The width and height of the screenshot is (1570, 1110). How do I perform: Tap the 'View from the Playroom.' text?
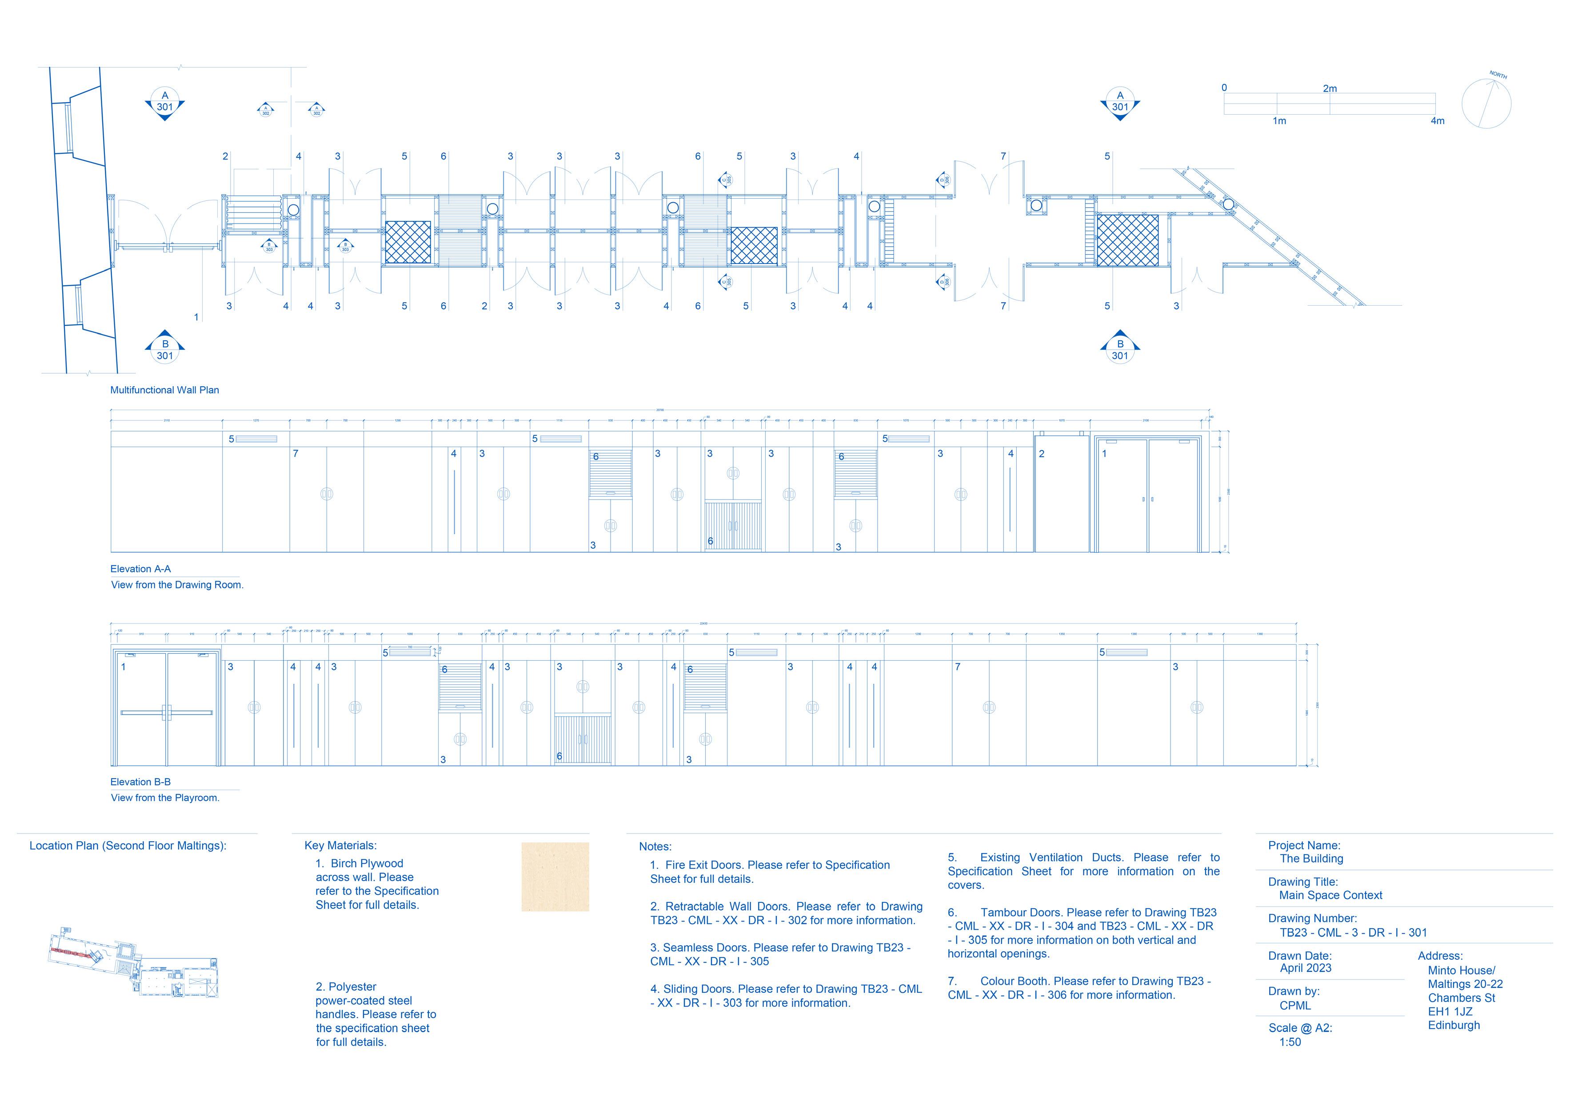(165, 798)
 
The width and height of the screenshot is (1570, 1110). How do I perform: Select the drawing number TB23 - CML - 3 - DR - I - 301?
(1353, 932)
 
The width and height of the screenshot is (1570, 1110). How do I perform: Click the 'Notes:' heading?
(655, 846)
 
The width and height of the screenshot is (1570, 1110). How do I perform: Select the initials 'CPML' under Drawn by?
(1295, 1006)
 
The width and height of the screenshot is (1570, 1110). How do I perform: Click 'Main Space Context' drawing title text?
(1330, 895)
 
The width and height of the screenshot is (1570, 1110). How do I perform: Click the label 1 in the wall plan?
(196, 317)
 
